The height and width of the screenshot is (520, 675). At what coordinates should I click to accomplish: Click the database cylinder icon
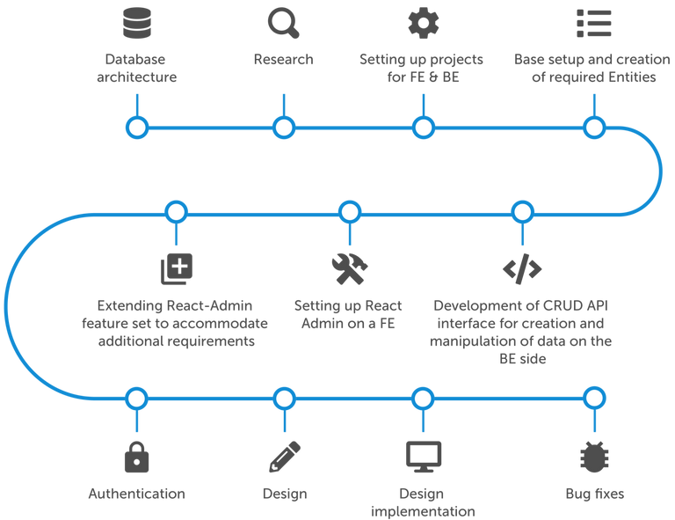click(x=135, y=22)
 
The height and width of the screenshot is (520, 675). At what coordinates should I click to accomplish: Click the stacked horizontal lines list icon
click(x=593, y=22)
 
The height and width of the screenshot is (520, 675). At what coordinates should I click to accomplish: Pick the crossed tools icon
click(x=349, y=267)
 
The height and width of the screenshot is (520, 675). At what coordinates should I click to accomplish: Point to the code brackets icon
click(x=521, y=269)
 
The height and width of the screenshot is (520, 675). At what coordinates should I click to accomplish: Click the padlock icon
click(x=136, y=456)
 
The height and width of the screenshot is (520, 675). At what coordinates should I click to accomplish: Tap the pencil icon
click(x=284, y=456)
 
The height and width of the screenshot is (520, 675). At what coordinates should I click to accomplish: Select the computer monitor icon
click(x=423, y=456)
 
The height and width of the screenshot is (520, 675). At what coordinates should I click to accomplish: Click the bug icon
click(x=594, y=457)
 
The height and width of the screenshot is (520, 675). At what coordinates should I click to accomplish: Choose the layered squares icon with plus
click(x=176, y=268)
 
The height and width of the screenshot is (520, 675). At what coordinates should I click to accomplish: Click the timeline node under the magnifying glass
click(x=283, y=128)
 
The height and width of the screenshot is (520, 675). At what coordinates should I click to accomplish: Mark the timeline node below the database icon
click(x=136, y=128)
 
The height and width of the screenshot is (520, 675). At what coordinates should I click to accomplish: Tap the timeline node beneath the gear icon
click(x=424, y=128)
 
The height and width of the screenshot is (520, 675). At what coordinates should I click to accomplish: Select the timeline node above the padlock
click(x=136, y=399)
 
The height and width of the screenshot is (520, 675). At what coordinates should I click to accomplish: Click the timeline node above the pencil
click(x=283, y=399)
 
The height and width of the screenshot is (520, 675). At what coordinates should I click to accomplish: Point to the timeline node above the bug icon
click(x=594, y=399)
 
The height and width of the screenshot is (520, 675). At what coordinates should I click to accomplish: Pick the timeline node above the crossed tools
click(x=350, y=212)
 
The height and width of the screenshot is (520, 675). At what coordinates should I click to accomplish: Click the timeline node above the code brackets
click(x=521, y=212)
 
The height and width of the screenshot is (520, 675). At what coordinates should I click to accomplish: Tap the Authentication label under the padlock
click(x=136, y=494)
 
